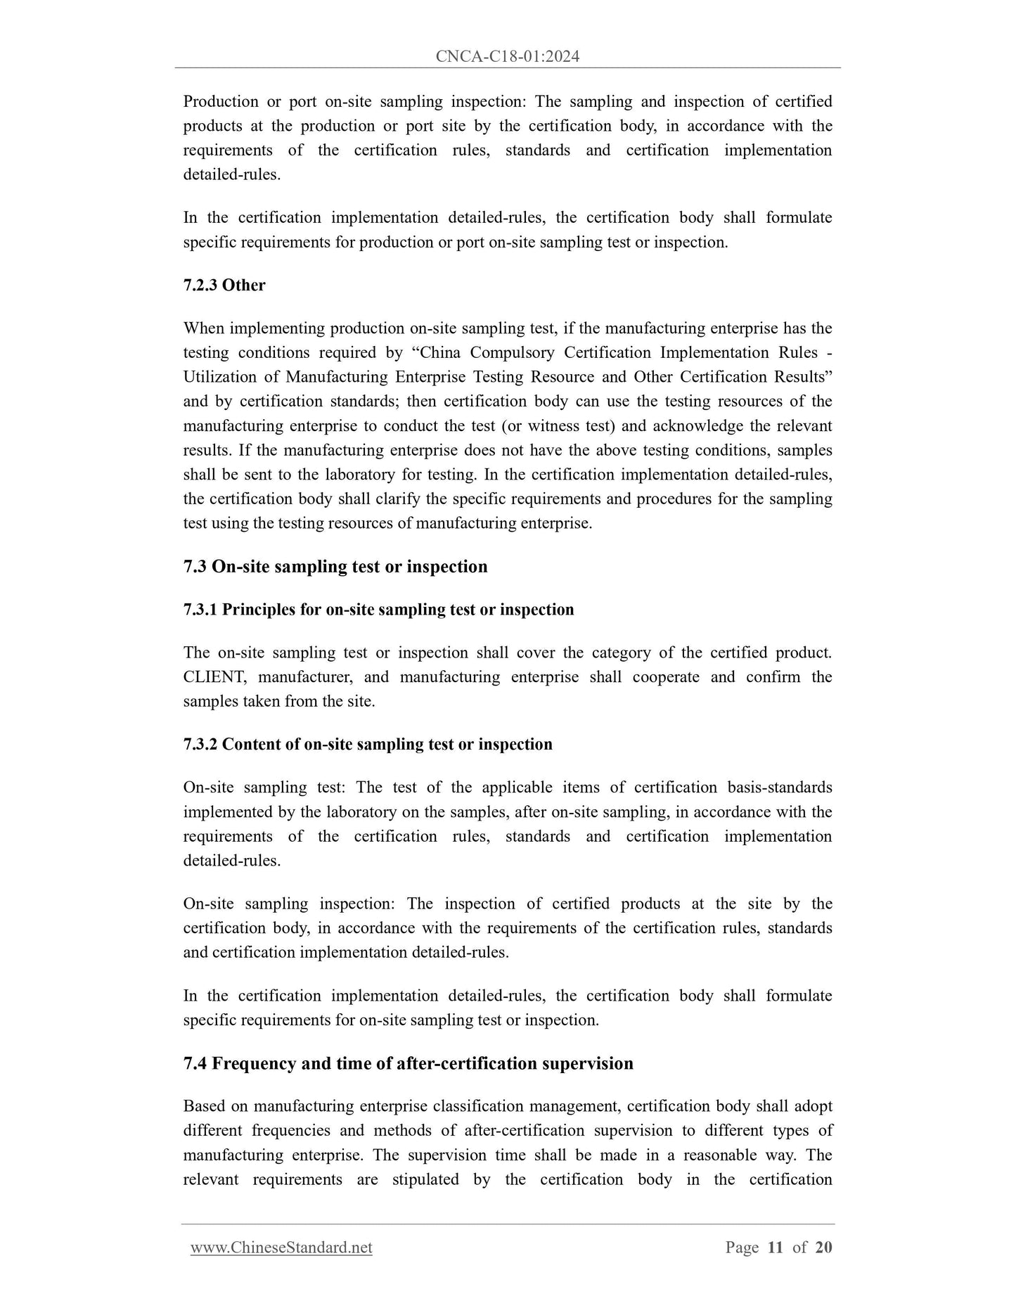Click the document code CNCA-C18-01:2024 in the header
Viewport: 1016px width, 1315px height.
pos(507,57)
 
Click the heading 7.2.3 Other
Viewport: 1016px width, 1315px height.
pos(224,285)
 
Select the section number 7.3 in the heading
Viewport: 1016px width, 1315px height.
pos(195,567)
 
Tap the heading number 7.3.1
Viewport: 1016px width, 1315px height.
pos(200,610)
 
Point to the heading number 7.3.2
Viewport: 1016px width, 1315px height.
pos(200,744)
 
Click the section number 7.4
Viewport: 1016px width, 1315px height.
pos(195,1063)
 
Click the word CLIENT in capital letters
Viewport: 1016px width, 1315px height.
pos(212,677)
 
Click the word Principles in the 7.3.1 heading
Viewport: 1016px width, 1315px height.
pos(259,610)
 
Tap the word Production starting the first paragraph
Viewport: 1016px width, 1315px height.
pos(221,101)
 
